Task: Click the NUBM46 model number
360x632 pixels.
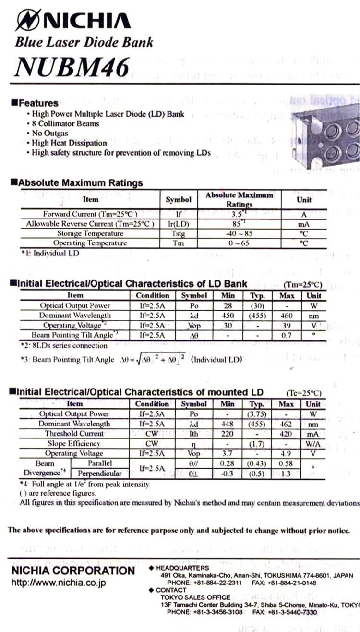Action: point(72,66)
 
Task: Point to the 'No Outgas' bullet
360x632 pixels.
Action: point(50,133)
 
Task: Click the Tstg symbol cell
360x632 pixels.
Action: point(179,233)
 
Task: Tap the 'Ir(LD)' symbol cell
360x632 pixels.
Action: point(179,224)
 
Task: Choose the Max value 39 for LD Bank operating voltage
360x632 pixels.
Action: point(287,325)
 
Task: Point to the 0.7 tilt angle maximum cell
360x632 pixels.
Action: point(287,335)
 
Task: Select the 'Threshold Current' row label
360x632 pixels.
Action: point(74,434)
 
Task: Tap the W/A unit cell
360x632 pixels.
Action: point(313,444)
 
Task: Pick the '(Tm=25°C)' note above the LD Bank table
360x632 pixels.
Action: point(302,285)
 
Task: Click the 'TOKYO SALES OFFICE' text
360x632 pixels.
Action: point(195,597)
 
